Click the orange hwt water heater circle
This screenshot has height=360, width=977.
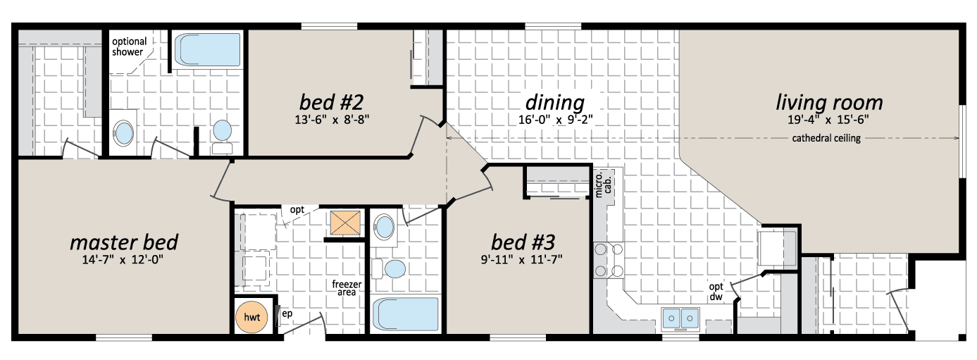251,317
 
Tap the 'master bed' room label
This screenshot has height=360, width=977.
124,242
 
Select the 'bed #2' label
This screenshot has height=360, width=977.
331,102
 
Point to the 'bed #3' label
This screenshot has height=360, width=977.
523,242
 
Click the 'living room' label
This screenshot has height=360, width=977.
829,103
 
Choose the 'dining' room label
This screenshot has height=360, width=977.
555,103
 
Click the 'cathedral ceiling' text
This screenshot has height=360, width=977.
826,138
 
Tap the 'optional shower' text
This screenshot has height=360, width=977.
129,46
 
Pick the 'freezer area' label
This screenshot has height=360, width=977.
347,288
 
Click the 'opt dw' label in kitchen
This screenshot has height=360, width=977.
716,292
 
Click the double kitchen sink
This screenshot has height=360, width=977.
680,318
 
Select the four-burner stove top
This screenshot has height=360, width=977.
609,260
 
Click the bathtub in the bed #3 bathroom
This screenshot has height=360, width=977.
405,314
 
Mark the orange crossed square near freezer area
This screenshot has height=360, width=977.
345,223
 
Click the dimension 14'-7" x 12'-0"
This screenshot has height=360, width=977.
123,260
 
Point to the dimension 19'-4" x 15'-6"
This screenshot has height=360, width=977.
828,119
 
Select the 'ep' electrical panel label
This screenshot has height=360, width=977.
287,314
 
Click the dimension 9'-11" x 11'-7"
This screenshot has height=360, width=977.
522,260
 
